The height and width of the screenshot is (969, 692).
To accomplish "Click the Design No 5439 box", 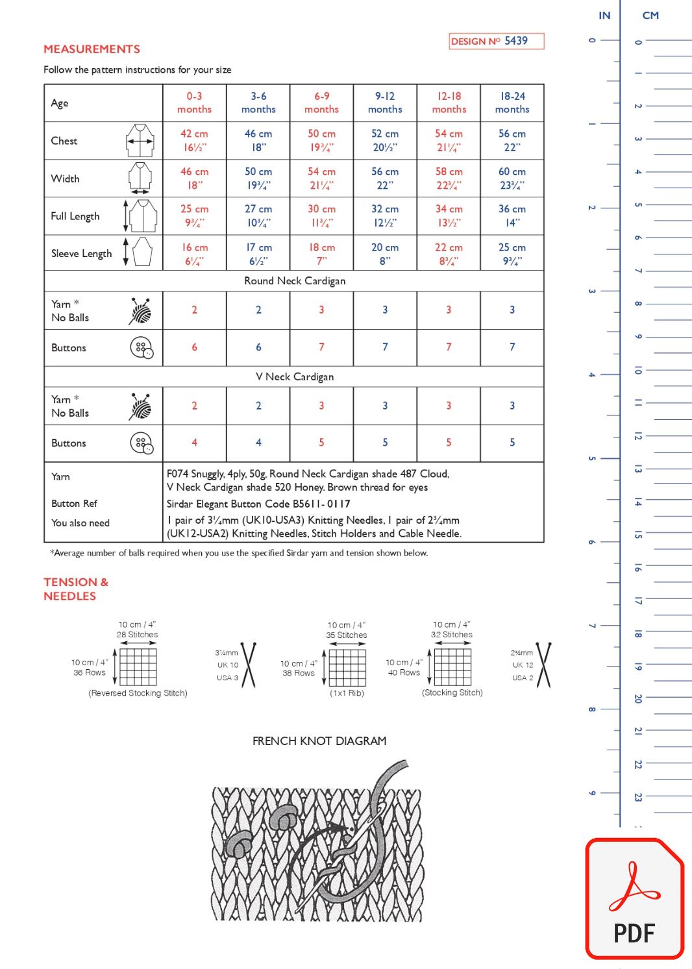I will (x=497, y=41).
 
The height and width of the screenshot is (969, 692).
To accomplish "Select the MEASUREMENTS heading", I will (x=92, y=49).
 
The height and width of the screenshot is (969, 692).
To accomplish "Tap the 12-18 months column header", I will (x=449, y=103).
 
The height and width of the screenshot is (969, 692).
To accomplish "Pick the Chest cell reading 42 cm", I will (x=194, y=140).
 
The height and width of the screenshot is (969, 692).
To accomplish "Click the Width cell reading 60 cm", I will (x=512, y=178).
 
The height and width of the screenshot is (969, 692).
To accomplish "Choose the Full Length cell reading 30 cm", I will (x=321, y=215).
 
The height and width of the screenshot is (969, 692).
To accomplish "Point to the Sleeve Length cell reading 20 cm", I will (x=385, y=254).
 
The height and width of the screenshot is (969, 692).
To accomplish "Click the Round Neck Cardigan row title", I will (x=295, y=281).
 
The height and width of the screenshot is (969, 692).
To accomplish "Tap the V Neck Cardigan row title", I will (x=295, y=376).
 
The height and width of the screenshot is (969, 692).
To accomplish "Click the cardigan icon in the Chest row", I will (x=140, y=140).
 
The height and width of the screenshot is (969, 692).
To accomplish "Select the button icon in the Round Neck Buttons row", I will (x=142, y=348).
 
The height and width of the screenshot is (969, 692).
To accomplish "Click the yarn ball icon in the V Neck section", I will (x=140, y=406).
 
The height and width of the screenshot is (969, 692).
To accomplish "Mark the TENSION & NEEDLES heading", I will (x=76, y=589).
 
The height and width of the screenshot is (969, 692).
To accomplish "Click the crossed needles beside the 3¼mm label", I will (x=249, y=665).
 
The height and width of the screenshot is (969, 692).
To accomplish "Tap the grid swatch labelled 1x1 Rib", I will (x=347, y=667).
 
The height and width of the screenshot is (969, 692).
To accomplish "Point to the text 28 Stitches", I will (x=137, y=635).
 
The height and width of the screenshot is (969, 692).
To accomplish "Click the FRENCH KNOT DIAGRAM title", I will (x=319, y=741).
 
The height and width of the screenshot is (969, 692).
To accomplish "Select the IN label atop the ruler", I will (x=604, y=16).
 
